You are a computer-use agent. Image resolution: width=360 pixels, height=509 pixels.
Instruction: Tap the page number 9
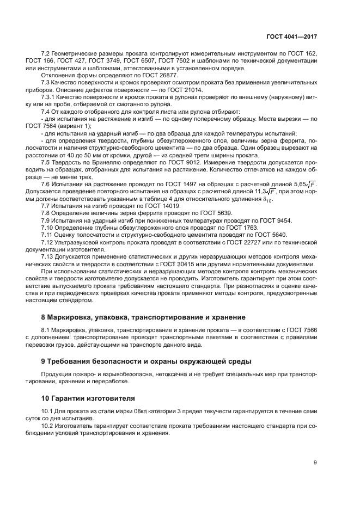click(315, 463)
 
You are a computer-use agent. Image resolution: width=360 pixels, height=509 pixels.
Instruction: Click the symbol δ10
click(268, 200)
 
